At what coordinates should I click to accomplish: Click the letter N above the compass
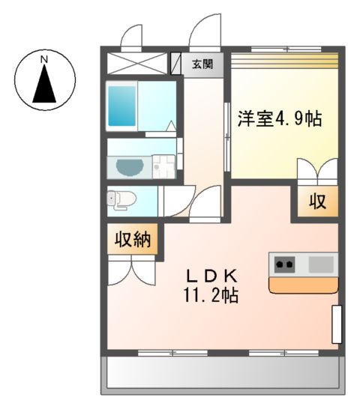43,58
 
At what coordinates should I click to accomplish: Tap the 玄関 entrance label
202,64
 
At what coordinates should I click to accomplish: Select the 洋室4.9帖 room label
280,118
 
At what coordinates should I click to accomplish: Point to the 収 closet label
314,202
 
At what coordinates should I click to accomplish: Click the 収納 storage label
133,240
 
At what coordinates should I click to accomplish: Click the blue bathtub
120,104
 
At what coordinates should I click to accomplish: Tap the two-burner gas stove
285,264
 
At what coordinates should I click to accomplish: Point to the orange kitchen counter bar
304,284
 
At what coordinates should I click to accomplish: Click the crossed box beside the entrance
136,62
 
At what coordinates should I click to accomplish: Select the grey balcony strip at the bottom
221,372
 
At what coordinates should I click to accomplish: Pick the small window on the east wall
336,324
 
